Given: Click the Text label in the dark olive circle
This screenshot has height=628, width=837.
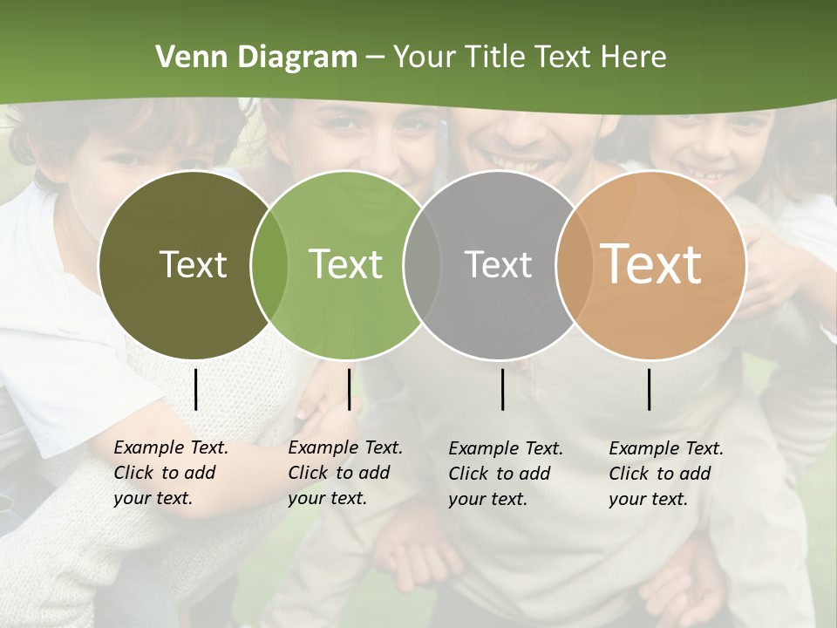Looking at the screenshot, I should (193, 264).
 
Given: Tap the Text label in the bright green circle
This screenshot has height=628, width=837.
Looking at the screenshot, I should (345, 264).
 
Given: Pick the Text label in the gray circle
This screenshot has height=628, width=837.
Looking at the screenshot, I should (498, 264).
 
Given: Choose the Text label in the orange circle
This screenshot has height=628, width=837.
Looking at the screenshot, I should (650, 264).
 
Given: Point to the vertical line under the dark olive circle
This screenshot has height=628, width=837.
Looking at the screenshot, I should (195, 389).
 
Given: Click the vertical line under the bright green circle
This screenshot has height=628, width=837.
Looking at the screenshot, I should (349, 389).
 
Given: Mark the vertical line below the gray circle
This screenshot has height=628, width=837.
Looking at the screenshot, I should (502, 389).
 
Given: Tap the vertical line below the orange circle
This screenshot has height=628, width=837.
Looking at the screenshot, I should (649, 389).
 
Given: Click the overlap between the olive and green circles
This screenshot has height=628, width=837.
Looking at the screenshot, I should (269, 264).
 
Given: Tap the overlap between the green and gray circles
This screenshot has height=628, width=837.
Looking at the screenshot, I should (422, 264).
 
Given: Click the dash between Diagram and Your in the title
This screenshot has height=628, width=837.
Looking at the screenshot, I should (375, 58).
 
